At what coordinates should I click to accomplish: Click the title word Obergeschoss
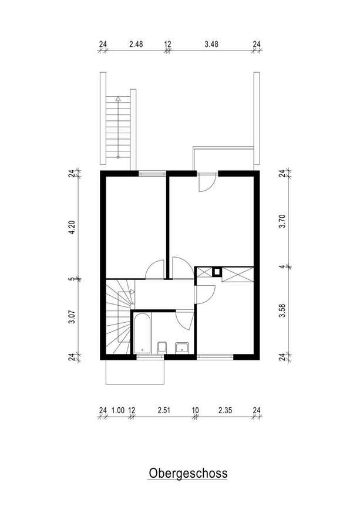[188, 473]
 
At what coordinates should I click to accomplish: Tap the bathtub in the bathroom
[143, 333]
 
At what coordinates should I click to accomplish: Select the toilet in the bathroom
[162, 347]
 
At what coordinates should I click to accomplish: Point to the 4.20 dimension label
[72, 227]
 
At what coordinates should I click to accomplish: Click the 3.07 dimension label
[72, 317]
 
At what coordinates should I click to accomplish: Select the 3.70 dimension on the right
[282, 221]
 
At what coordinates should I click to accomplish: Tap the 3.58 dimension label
[282, 311]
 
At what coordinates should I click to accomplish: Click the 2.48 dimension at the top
[136, 44]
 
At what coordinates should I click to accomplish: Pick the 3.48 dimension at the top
[211, 44]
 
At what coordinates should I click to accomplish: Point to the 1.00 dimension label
[118, 410]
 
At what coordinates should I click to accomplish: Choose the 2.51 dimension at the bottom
[164, 410]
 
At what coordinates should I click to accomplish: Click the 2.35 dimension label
[226, 410]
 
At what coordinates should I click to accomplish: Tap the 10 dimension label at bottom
[195, 410]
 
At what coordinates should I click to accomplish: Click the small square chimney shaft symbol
[217, 272]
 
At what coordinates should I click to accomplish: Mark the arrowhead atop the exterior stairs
[118, 99]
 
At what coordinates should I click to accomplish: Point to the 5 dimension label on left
[72, 279]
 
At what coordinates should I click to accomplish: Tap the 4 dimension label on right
[282, 266]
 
